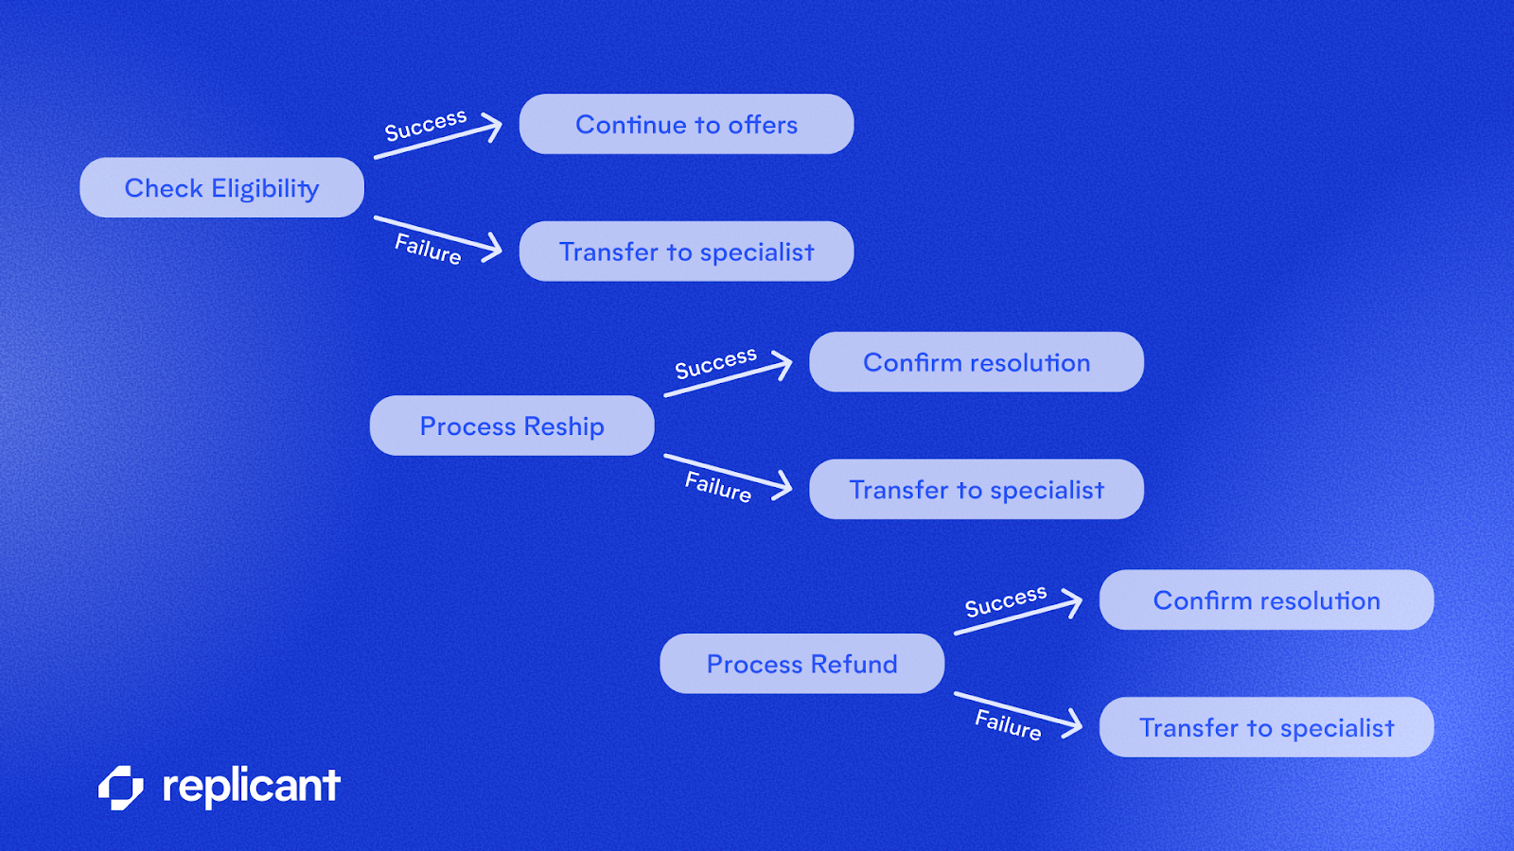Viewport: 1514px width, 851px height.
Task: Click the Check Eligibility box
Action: [x=221, y=187]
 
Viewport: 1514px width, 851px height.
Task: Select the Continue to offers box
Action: [x=686, y=124]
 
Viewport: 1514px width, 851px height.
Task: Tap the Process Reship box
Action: [x=512, y=425]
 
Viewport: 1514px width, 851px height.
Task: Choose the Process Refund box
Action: [x=801, y=664]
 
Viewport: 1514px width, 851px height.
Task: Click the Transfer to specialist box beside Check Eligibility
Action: [x=686, y=252]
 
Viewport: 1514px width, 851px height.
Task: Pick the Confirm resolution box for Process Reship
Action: [x=977, y=362]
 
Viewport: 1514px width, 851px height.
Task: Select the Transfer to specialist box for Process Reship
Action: [x=977, y=490]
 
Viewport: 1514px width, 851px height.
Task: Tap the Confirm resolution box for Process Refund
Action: [x=1266, y=600]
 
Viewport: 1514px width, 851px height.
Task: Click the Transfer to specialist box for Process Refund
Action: [x=1266, y=727]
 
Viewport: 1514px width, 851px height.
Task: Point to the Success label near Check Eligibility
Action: [x=426, y=125]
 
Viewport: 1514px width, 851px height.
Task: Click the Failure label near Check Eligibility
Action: [x=428, y=249]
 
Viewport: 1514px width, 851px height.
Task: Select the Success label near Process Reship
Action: [x=715, y=362]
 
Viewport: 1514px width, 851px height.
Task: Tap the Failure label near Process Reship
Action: [x=718, y=487]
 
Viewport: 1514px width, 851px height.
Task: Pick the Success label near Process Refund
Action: [x=1006, y=600]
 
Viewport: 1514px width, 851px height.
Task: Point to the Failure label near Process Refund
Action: [x=1008, y=724]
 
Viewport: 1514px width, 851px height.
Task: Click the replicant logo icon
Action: [x=121, y=788]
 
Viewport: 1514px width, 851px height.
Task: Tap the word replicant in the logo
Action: [x=251, y=786]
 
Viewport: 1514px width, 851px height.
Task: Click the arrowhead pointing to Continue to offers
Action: [x=493, y=127]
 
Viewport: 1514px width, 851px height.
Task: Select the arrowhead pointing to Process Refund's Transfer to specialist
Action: [x=1073, y=723]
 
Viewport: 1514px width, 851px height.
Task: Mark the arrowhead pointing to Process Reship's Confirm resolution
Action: [x=783, y=365]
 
